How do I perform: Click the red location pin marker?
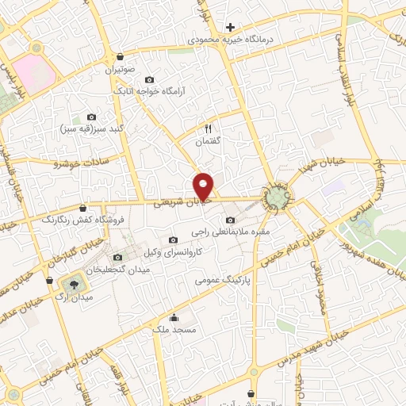[205, 186]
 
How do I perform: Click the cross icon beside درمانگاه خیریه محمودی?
[230, 26]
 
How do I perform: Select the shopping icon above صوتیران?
[119, 57]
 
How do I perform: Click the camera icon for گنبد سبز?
[91, 117]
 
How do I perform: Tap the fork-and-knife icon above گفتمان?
[208, 128]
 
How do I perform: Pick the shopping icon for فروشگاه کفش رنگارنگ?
[82, 209]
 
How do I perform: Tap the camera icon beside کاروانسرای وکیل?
[174, 240]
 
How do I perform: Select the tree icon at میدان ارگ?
[73, 283]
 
